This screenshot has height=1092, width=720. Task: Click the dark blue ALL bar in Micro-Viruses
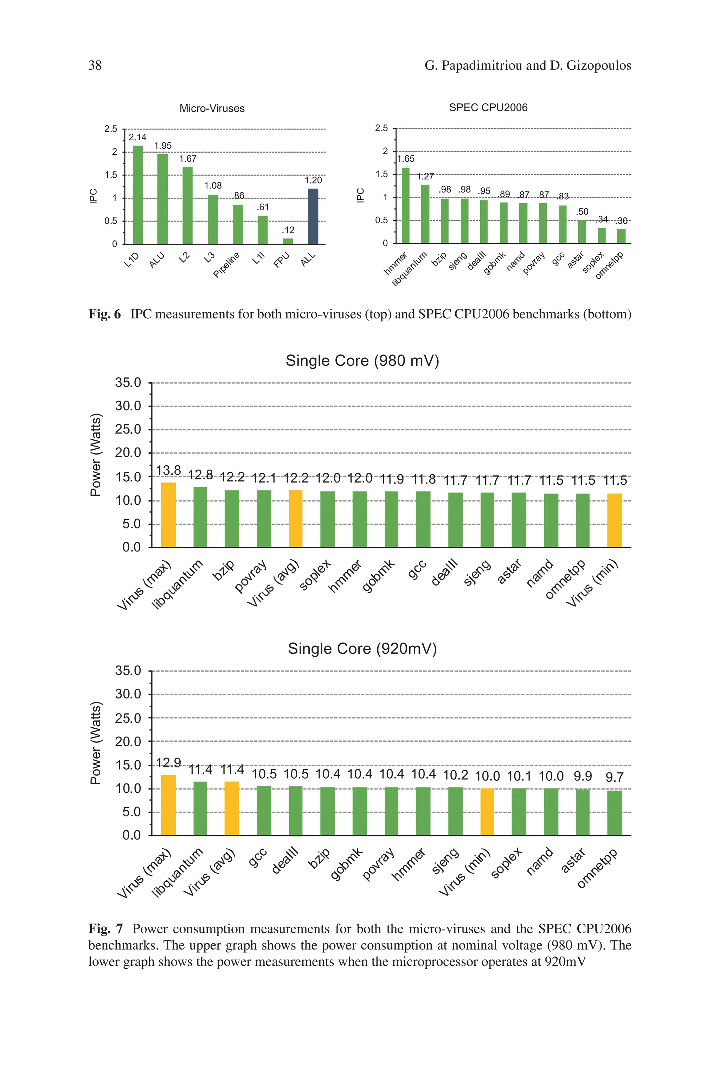click(313, 216)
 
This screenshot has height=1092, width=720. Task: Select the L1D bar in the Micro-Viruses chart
click(137, 195)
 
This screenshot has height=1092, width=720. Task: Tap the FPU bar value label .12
click(288, 230)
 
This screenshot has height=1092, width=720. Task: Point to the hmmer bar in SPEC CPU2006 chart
click(405, 205)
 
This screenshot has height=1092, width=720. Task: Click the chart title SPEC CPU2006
click(488, 108)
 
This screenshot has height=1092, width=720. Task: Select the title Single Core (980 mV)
click(362, 360)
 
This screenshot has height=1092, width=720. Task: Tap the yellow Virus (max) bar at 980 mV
click(168, 515)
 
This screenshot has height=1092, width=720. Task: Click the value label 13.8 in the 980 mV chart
click(168, 470)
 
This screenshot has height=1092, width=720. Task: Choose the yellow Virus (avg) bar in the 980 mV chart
click(296, 518)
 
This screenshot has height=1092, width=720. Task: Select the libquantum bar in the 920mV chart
click(200, 808)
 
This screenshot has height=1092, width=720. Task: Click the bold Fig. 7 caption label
click(105, 929)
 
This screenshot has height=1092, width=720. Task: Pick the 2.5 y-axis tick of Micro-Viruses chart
click(111, 129)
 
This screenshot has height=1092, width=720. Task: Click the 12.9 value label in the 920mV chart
click(168, 763)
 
